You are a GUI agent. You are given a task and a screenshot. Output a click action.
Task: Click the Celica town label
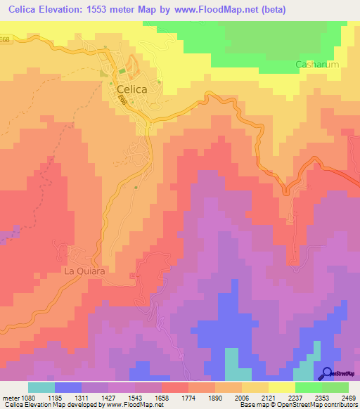pos(127,90)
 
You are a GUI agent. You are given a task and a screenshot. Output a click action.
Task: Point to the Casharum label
pos(316,65)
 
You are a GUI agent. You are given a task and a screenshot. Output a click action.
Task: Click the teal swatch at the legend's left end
pos(41,387)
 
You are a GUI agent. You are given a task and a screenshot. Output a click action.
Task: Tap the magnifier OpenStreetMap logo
pos(328,374)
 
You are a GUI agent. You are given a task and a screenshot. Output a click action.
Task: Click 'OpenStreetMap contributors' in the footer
pos(320,405)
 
